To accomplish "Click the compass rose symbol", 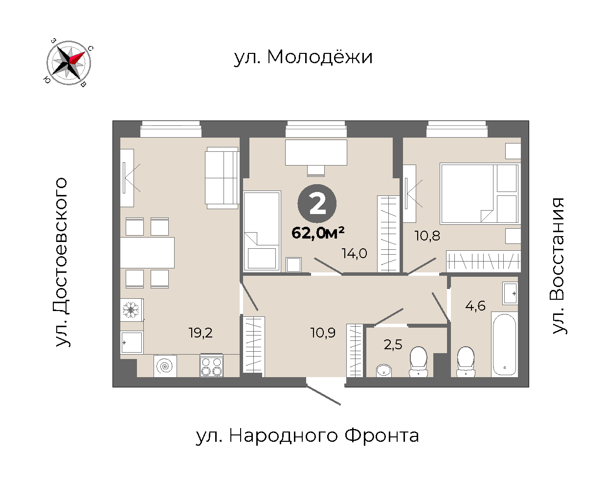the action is (69, 62).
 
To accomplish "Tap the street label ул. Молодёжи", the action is (303, 57).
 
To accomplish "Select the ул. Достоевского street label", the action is (61, 262).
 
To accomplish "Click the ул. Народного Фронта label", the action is (307, 436).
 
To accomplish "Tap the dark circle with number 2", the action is (317, 204).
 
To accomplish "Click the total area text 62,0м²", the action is (318, 233).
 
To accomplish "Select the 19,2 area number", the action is (201, 333).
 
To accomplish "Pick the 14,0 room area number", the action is (354, 253).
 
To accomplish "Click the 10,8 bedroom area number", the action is (427, 236).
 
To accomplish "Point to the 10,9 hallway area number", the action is (323, 333).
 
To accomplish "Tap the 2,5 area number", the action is (393, 344).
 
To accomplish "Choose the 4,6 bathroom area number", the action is (475, 306).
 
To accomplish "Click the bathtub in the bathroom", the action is (504, 345).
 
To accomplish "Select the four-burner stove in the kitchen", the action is (211, 365).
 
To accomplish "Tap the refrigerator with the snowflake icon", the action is (132, 310).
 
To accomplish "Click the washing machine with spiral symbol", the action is (165, 366).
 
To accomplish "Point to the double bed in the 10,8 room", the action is (480, 194).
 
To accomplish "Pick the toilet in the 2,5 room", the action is (418, 362).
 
